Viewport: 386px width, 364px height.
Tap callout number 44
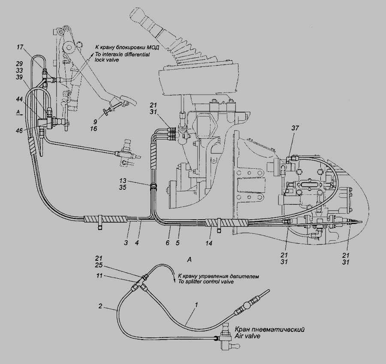point(20,99)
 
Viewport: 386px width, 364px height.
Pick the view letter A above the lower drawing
point(189,259)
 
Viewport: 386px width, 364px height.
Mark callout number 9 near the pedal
point(96,121)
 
